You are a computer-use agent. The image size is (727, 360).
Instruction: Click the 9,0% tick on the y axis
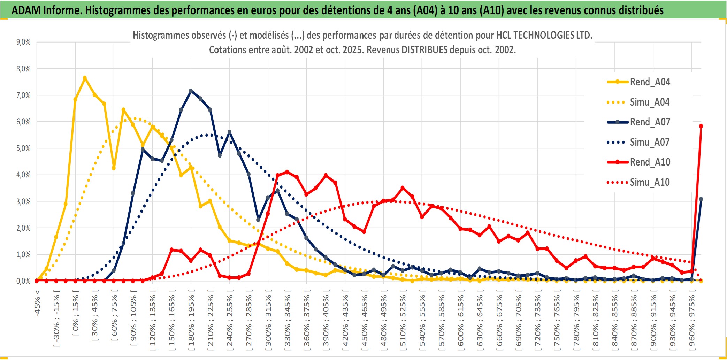click(x=23, y=42)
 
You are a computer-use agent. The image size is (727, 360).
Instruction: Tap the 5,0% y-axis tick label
click(x=23, y=148)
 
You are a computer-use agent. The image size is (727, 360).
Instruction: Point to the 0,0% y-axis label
click(x=23, y=281)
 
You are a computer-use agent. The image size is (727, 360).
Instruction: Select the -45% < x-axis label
click(x=37, y=303)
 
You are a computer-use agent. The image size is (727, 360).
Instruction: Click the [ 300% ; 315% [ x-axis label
click(x=268, y=321)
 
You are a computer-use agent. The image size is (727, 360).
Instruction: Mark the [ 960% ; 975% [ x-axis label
click(x=691, y=321)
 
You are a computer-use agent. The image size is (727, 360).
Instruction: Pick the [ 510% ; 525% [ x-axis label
click(x=403, y=321)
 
